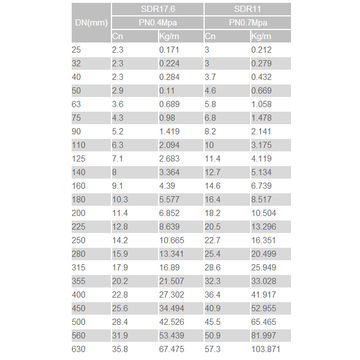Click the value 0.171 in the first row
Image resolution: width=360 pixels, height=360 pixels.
tap(172, 48)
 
